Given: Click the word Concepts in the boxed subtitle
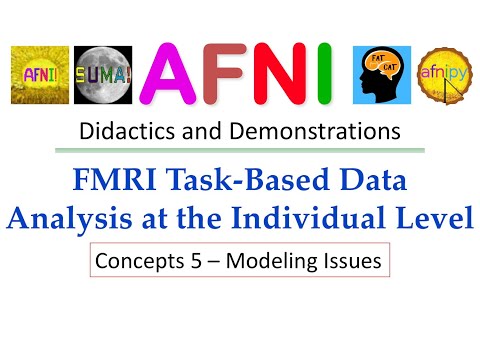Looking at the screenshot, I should coord(133,262).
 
